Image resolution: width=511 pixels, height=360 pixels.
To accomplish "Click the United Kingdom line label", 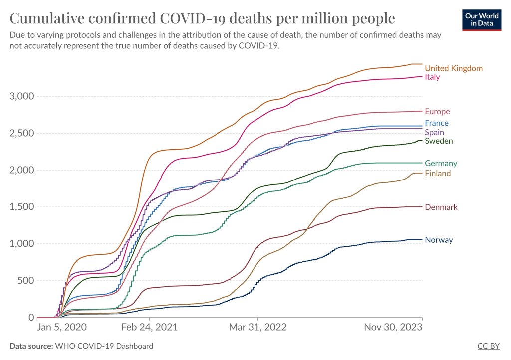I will (454, 68).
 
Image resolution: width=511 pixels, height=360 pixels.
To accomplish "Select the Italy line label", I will (432, 77).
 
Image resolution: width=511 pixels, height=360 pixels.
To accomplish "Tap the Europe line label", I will (437, 112).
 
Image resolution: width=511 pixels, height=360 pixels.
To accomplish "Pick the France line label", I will (437, 123).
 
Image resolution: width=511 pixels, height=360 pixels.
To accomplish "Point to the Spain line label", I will (435, 133).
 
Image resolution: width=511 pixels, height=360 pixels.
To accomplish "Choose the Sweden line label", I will (439, 141).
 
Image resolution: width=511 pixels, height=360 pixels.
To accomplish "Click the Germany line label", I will (441, 164).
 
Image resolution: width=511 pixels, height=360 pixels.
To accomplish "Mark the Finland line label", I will (438, 174).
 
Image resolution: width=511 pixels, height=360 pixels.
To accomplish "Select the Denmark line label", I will (441, 207).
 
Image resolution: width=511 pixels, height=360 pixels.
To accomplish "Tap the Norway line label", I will (439, 240).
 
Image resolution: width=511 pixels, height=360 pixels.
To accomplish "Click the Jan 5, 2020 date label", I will (62, 328).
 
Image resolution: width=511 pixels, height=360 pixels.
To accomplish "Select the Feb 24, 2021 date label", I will (149, 328).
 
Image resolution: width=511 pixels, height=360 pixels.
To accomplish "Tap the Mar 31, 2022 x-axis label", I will (257, 328).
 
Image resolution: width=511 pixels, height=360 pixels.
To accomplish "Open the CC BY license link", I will (489, 346).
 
